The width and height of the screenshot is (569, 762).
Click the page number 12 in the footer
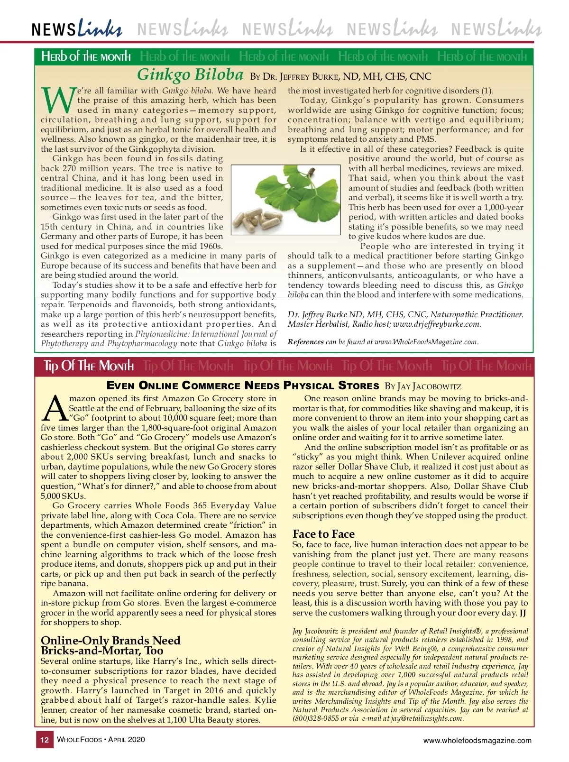45,740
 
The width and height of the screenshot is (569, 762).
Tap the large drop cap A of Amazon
54,409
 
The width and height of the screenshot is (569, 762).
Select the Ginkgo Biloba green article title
190,75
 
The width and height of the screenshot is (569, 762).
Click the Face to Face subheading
323,534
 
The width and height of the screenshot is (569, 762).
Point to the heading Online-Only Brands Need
110,641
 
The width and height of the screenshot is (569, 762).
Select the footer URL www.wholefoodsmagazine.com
477,740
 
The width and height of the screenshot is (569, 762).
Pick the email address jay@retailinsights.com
427,718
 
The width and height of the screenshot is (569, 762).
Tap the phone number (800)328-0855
315,718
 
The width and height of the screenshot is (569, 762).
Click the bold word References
305,342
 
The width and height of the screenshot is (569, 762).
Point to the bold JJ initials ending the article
523,613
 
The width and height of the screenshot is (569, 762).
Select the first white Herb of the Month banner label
86,56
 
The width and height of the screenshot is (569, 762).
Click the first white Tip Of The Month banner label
89,366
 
